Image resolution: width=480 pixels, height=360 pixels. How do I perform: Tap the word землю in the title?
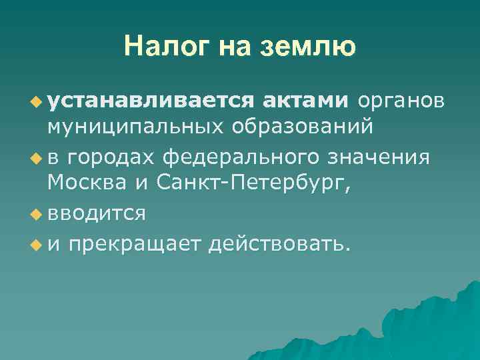tap(312, 47)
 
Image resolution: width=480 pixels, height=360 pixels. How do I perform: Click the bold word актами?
tap(305, 101)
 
